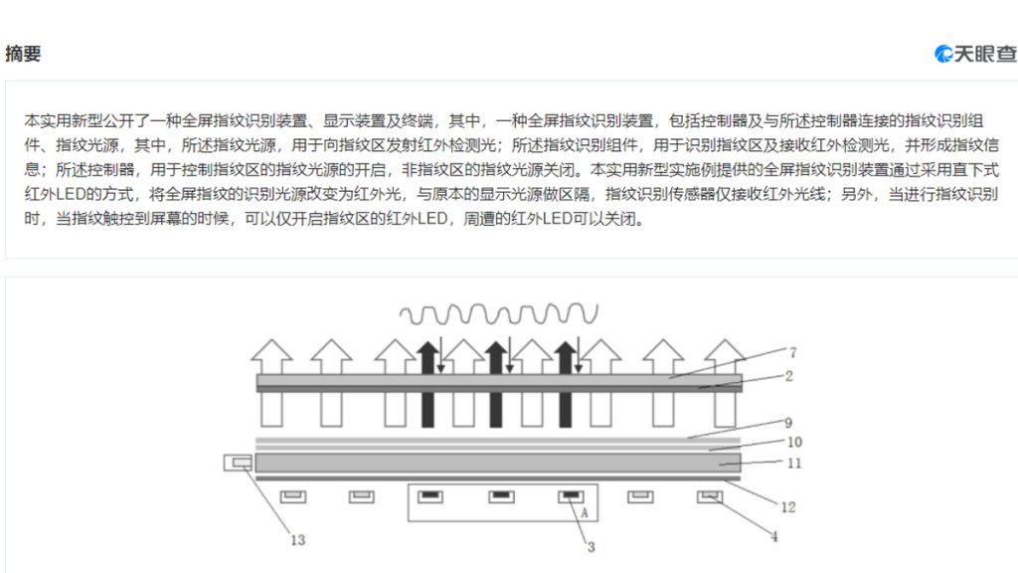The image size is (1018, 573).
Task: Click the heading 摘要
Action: click(24, 54)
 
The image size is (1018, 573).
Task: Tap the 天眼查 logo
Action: click(975, 54)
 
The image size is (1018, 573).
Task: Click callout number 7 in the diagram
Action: click(792, 352)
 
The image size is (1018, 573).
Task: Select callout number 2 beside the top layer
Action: click(788, 376)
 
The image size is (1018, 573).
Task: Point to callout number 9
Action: click(788, 423)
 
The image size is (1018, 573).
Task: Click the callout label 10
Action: click(794, 443)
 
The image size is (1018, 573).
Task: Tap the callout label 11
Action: click(794, 464)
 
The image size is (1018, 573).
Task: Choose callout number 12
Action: click(788, 507)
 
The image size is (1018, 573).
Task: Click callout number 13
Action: click(297, 540)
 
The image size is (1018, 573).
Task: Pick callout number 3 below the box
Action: click(591, 547)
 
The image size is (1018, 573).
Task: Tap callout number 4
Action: click(773, 536)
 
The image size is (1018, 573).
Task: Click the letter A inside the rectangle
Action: click(585, 512)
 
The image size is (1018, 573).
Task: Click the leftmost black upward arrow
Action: click(427, 384)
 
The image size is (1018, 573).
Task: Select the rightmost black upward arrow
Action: click(566, 384)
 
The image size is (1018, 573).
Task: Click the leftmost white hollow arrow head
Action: click(271, 356)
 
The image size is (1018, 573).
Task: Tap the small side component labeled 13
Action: click(238, 463)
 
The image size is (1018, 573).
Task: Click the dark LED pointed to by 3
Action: click(571, 497)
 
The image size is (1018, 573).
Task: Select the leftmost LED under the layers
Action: click(293, 497)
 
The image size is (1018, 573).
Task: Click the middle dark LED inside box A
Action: click(501, 497)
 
